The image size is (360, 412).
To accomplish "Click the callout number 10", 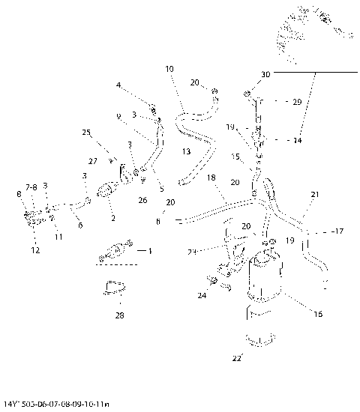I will (x=169, y=68).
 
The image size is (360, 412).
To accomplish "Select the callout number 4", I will (x=118, y=85).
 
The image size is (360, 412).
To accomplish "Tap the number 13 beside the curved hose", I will (x=186, y=152).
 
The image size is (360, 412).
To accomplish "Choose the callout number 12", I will (x=35, y=250).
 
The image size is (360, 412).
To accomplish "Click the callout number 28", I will (x=118, y=315).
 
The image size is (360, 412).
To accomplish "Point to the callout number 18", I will (x=211, y=178).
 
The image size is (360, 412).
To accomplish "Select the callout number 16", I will (x=317, y=314).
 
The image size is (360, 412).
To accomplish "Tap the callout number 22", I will (x=236, y=359).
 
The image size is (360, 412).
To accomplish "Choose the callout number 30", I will (x=265, y=75).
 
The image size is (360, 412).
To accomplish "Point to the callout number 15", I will (x=235, y=157).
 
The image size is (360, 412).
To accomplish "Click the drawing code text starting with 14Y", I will (x=56, y=405).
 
